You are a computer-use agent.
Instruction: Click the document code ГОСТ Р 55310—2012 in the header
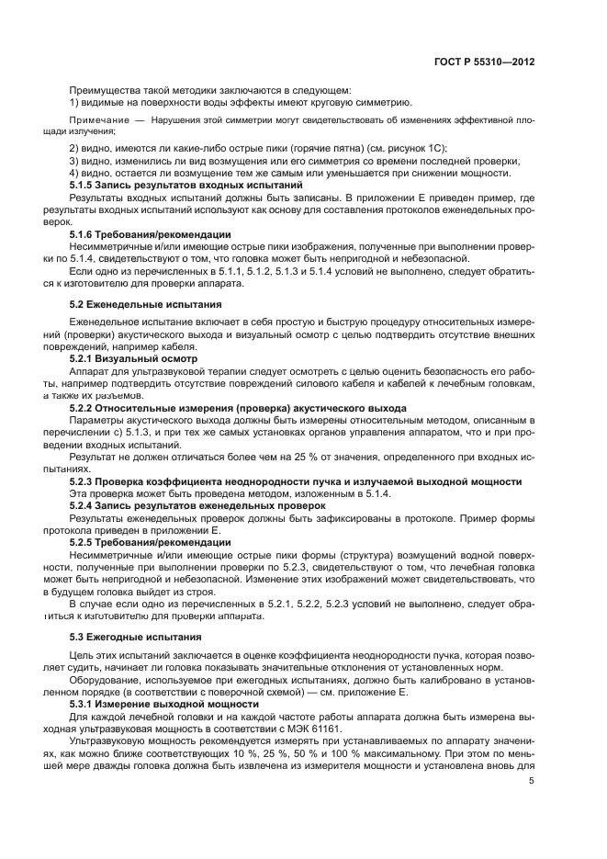[485, 62]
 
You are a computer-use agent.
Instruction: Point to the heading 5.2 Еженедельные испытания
[145, 303]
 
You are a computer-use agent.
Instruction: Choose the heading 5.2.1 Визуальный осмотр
[134, 358]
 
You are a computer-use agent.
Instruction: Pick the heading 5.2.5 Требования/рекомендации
[151, 543]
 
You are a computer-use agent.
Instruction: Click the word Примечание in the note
[99, 121]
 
